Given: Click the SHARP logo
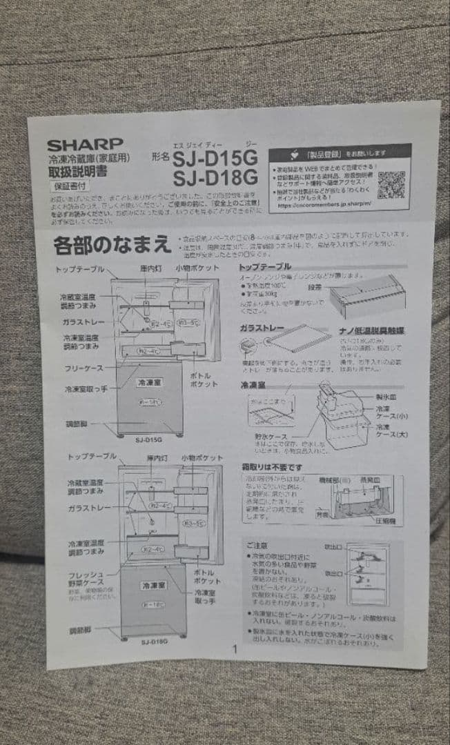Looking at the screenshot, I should [x=85, y=146].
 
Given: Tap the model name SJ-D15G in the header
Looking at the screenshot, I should [x=215, y=160].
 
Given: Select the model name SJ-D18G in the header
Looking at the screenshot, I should [x=215, y=179].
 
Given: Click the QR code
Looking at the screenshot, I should [x=391, y=184].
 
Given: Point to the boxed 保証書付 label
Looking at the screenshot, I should [x=70, y=186].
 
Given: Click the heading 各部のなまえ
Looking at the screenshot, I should [x=112, y=245].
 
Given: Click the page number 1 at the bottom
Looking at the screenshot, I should [x=234, y=648].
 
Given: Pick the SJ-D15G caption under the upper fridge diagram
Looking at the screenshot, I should [x=148, y=439].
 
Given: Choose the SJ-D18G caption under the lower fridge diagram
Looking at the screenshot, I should [x=155, y=642].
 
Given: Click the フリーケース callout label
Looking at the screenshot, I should [x=84, y=368].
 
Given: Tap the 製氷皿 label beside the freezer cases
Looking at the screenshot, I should [x=385, y=397].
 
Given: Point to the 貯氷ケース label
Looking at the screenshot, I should [x=266, y=436].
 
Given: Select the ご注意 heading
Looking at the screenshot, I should [x=262, y=544].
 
